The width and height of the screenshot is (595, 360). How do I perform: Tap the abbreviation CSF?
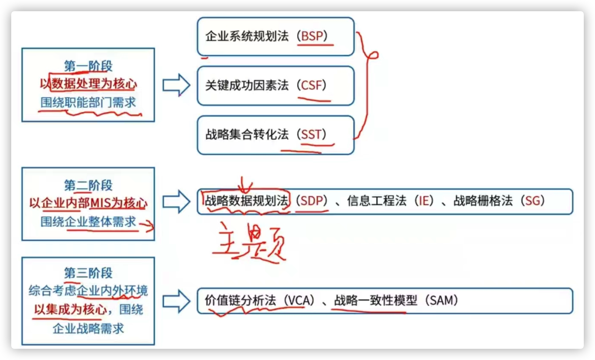coord(311,85)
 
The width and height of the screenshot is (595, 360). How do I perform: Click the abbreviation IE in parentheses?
coord(424,201)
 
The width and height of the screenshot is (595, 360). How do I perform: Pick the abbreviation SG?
coord(532,201)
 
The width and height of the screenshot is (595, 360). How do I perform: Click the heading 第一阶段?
coord(88,66)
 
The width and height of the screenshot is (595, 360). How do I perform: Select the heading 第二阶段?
coord(88,185)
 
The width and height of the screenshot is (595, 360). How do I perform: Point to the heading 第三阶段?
coord(88,273)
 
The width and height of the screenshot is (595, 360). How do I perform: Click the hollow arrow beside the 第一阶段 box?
coord(176,85)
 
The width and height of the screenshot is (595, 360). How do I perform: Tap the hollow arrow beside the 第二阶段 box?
coord(176,201)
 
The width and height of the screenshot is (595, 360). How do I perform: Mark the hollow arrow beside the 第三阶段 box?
coord(176,301)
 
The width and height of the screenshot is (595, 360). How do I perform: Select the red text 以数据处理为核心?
coord(88,84)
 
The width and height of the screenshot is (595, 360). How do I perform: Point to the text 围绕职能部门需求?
coord(88,102)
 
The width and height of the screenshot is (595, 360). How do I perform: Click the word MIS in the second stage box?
coord(101,203)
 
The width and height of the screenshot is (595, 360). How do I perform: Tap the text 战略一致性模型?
coord(376,301)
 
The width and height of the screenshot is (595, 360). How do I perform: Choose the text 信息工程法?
coord(377,201)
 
